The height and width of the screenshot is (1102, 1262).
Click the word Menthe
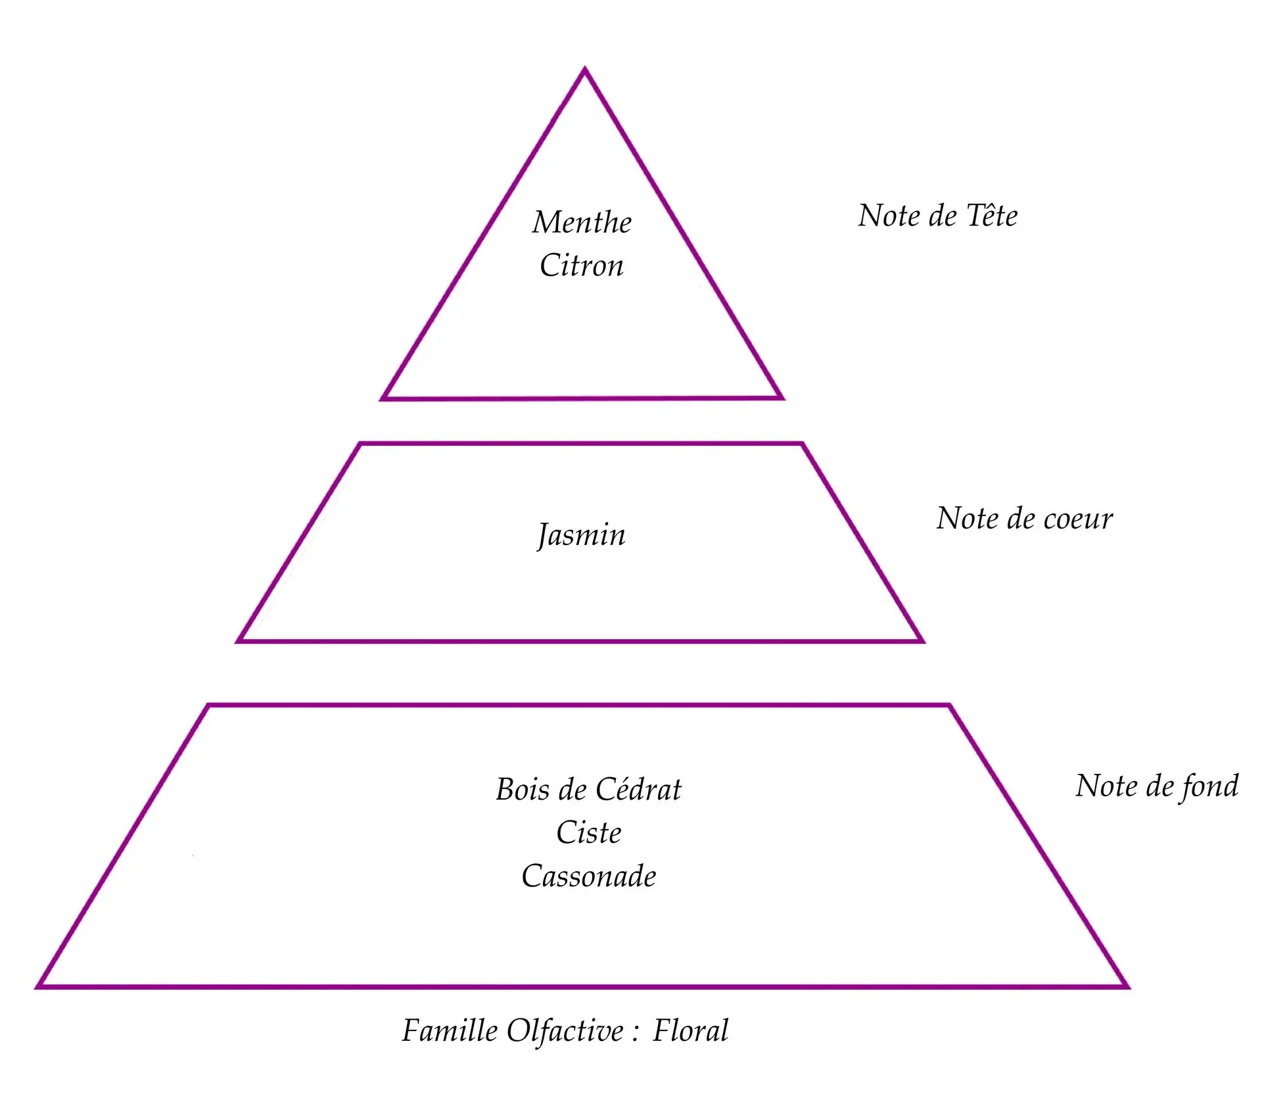[582, 222]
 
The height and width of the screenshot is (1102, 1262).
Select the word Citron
[582, 266]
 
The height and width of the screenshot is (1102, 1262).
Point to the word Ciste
[589, 832]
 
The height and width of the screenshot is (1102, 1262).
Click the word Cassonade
[589, 876]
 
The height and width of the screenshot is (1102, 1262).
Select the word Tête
[993, 216]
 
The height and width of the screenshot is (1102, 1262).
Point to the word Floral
[691, 1030]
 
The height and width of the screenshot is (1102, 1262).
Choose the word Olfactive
[565, 1030]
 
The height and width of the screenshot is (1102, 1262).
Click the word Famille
[450, 1030]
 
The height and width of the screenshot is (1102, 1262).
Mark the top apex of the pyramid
[585, 68]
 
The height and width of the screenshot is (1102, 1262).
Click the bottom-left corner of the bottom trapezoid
[37, 986]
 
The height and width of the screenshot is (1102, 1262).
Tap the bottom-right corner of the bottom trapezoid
[1128, 986]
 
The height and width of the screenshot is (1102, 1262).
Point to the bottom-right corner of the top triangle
[782, 398]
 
